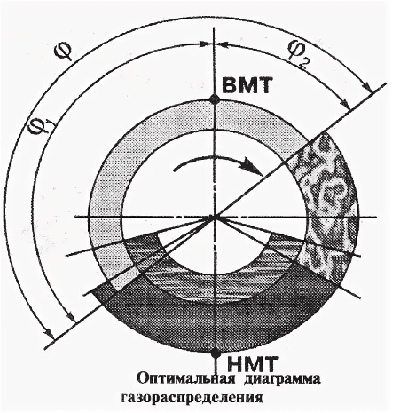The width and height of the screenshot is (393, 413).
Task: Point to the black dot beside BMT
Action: tap(214, 100)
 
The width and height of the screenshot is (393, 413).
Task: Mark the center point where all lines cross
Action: tap(214, 217)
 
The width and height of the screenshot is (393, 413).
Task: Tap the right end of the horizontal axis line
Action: tap(376, 217)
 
